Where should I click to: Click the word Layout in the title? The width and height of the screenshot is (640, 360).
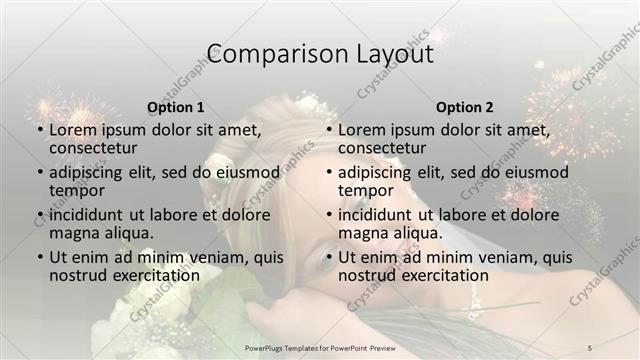(x=389, y=54)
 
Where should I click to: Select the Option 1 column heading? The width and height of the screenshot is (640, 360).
(x=176, y=107)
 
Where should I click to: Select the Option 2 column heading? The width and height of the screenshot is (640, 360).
(x=464, y=107)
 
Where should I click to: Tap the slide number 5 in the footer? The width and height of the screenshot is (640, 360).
(x=590, y=347)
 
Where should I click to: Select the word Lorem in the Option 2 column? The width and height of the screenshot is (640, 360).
(x=362, y=130)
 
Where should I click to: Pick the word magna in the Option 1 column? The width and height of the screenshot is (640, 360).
(x=74, y=233)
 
